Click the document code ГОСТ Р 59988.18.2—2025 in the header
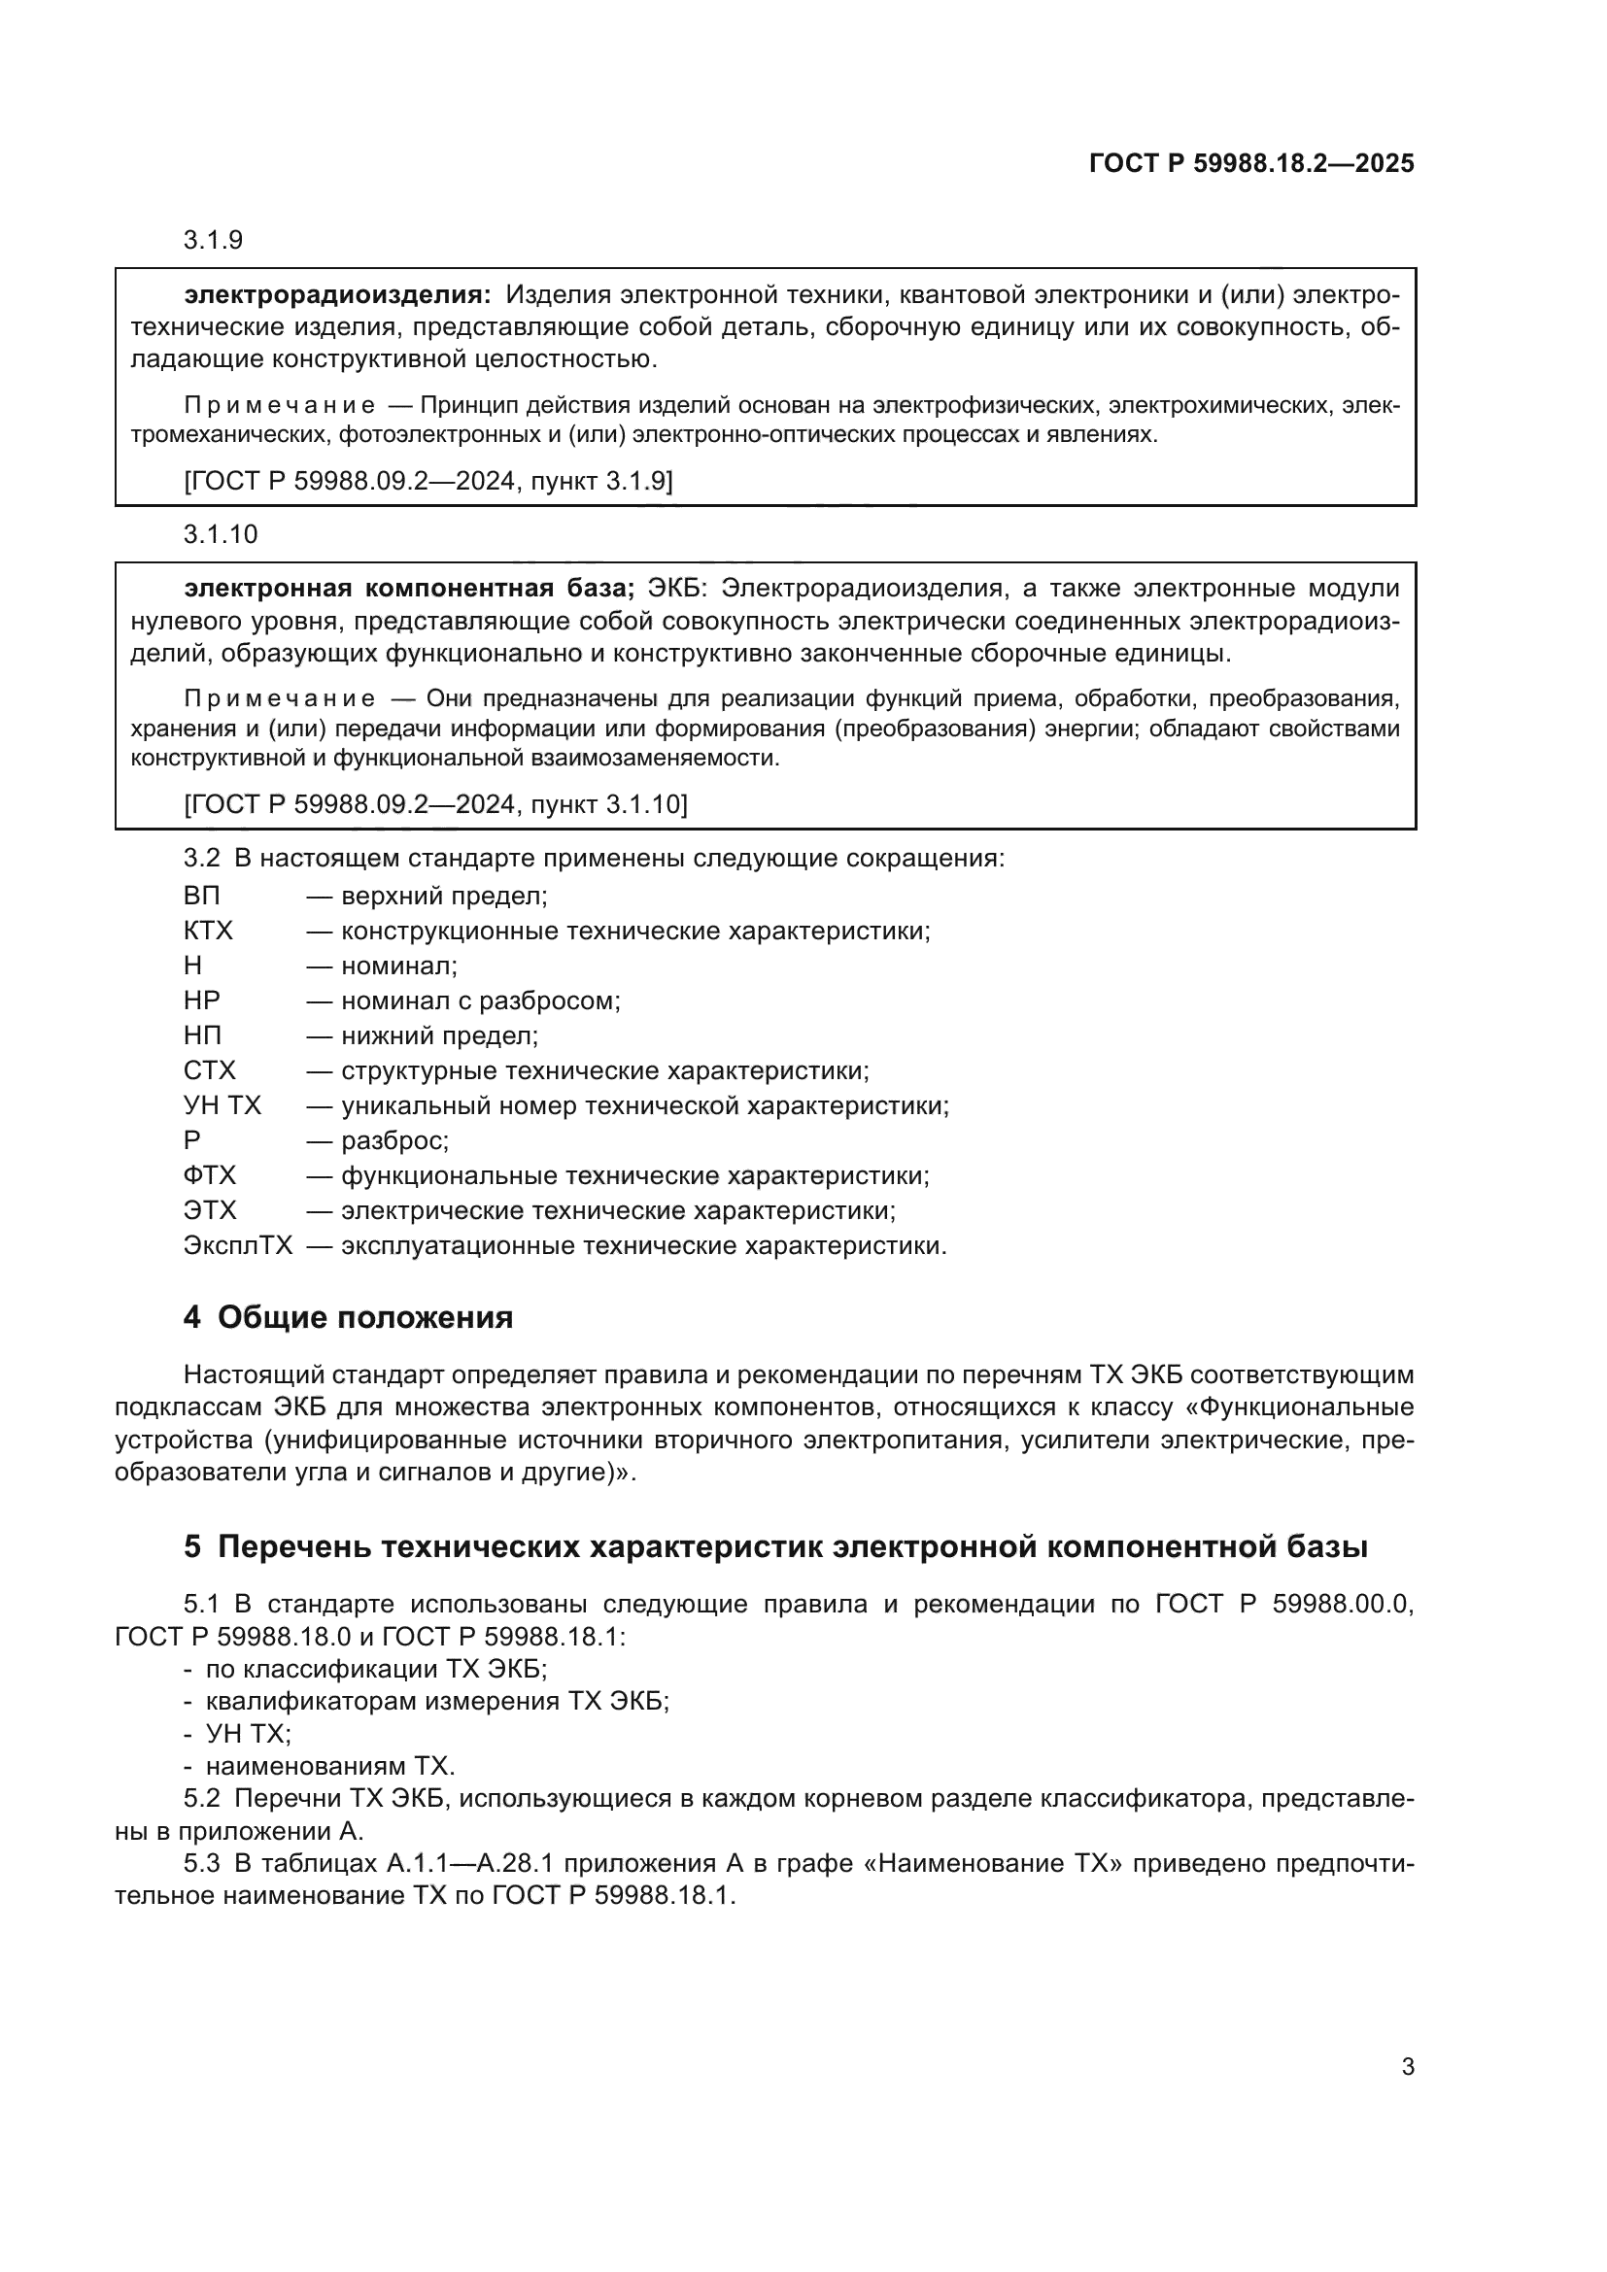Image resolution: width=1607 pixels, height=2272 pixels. pyautogui.click(x=1250, y=163)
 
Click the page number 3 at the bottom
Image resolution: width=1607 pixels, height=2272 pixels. pyautogui.click(x=1407, y=2066)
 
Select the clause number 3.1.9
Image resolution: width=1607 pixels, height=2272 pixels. pyautogui.click(x=213, y=241)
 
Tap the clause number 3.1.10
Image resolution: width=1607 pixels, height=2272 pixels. pyautogui.click(x=220, y=534)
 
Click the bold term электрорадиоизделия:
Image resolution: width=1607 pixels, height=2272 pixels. pyautogui.click(x=336, y=294)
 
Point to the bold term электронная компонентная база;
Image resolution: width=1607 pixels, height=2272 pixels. pyautogui.click(x=409, y=588)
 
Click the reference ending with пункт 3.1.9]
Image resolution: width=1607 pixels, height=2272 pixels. pyautogui.click(x=428, y=481)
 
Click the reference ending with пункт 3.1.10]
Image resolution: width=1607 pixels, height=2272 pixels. pyautogui.click(x=435, y=803)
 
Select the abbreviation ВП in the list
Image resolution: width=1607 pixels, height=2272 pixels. pyautogui.click(x=202, y=896)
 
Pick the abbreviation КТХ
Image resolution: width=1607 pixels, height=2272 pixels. pyautogui.click(x=208, y=932)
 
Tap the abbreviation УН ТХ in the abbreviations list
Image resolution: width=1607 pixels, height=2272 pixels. pyautogui.click(x=222, y=1105)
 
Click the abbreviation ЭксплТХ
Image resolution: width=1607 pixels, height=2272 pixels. pyautogui.click(x=237, y=1245)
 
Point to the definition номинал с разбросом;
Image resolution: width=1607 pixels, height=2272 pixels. pyautogui.click(x=480, y=1000)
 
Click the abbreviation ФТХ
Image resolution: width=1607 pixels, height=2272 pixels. pyautogui.click(x=210, y=1175)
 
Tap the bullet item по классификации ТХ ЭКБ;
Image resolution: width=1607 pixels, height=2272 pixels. pyautogui.click(x=376, y=1669)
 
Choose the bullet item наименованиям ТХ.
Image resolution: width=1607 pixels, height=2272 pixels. pyautogui.click(x=329, y=1765)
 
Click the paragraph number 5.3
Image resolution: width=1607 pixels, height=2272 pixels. pyautogui.click(x=201, y=1863)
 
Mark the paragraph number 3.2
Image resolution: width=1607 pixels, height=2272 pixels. pyautogui.click(x=201, y=858)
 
